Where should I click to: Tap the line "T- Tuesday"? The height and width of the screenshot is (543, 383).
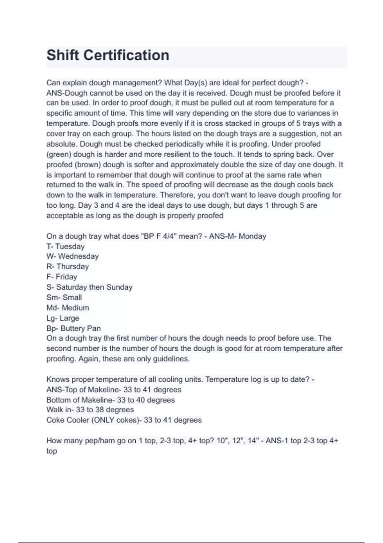[x=65, y=247]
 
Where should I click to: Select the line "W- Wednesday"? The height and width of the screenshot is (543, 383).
[x=72, y=256]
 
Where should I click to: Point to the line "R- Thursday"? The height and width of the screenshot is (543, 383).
[x=67, y=267]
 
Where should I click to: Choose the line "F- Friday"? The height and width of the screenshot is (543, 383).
[x=62, y=277]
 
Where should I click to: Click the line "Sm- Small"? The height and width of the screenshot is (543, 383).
[x=64, y=297]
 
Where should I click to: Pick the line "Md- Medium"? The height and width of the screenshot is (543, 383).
[x=68, y=308]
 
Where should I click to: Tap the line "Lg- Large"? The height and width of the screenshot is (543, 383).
[x=63, y=318]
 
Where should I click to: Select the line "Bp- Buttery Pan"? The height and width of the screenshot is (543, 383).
[x=73, y=328]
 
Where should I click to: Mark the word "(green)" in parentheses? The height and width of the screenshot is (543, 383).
[x=59, y=155]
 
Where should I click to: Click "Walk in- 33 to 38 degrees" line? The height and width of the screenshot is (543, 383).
[x=90, y=410]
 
